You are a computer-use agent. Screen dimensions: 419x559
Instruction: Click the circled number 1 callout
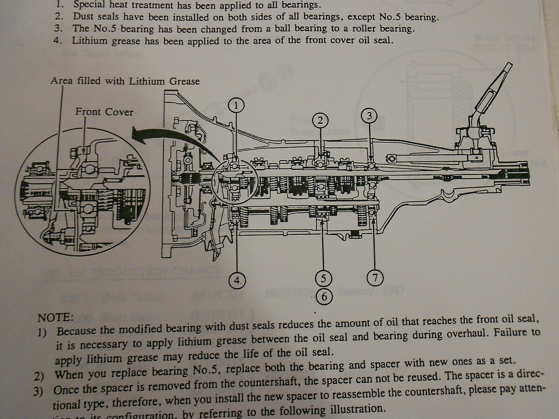236,106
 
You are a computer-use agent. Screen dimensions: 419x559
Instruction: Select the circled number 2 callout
320,121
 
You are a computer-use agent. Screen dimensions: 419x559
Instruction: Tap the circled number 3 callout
369,116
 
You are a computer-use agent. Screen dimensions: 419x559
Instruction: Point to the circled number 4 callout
237,279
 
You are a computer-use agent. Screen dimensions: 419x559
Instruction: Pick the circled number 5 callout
323,278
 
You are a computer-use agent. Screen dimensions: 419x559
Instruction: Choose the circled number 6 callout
324,296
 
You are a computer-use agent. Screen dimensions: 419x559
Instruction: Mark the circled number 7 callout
375,278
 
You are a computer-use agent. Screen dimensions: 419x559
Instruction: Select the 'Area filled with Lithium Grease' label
125,81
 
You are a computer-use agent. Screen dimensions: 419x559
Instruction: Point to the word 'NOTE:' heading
55,318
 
